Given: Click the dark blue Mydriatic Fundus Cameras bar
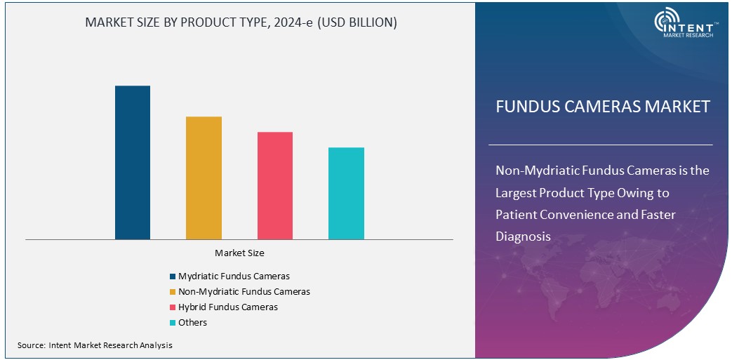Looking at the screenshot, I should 133,162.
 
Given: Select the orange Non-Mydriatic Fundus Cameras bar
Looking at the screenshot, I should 204,178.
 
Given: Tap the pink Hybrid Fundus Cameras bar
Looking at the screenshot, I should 275,185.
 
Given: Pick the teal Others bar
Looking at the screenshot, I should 346,193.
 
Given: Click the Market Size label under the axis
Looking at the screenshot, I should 239,253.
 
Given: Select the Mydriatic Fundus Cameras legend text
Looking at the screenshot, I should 234,276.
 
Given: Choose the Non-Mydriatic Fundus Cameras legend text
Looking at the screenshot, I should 244,291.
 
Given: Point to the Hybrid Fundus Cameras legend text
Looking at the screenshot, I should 227,307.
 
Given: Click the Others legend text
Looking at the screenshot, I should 192,322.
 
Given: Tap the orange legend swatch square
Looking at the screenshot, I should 173,292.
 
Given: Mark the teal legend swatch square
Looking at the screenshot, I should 173,323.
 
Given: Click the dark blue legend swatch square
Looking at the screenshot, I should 173,276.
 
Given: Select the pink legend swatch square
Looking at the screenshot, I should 173,307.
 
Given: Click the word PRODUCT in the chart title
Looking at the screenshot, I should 208,22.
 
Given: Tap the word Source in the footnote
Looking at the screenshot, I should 31,345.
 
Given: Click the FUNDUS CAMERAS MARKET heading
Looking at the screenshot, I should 603,107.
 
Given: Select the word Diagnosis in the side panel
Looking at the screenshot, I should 523,236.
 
